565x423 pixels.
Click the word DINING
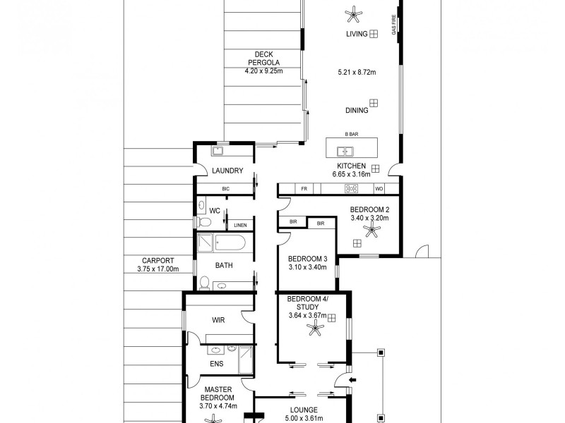[x=357, y=111]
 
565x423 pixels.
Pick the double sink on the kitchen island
[x=346, y=150]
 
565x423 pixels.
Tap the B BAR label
[x=351, y=134]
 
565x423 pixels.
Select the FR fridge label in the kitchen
[x=304, y=188]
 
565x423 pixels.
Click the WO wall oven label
[x=379, y=188]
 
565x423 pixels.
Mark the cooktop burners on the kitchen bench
[x=351, y=188]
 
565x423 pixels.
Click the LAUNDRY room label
[x=227, y=171]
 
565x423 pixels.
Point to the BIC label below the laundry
[x=226, y=188]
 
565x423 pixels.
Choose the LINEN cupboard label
[x=240, y=225]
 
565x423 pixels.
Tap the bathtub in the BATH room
[x=222, y=244]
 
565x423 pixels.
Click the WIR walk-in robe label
[x=218, y=319]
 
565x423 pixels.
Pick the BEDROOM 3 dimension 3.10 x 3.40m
[x=307, y=268]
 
